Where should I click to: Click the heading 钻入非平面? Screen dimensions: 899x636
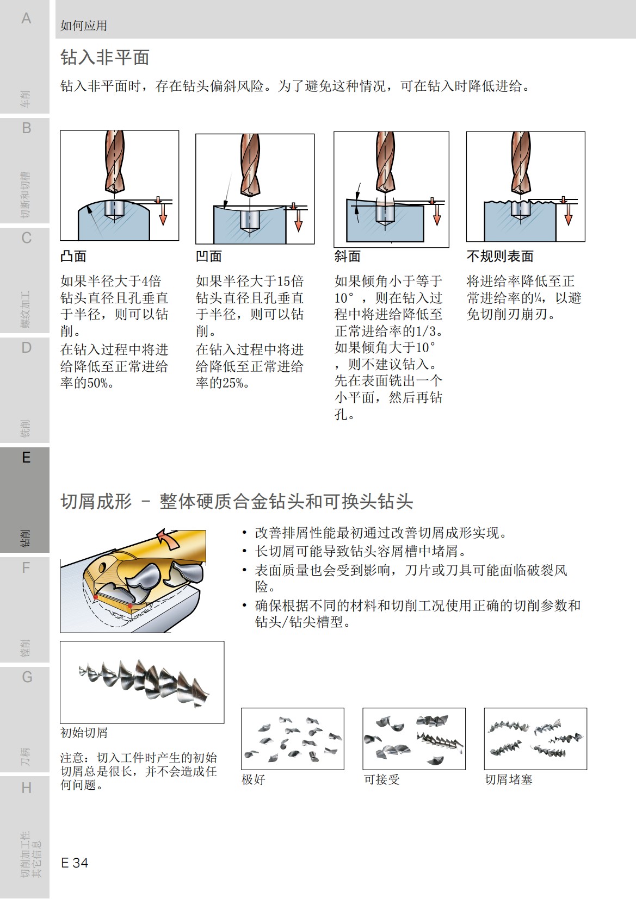click(105, 57)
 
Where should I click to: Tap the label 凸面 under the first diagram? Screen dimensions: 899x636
click(73, 257)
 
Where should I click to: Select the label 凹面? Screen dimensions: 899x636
click(209, 257)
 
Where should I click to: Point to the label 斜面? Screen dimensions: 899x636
click(348, 257)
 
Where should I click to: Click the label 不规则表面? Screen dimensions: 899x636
click(500, 257)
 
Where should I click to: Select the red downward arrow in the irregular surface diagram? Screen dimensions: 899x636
click(569, 217)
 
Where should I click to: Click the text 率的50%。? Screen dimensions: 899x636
click(88, 383)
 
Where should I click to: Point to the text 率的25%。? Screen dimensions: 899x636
click(223, 383)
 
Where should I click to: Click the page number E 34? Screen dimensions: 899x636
click(75, 863)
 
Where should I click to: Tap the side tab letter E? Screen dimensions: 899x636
click(26, 458)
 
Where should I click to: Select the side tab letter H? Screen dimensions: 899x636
click(26, 788)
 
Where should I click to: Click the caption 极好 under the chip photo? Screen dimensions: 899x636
click(254, 779)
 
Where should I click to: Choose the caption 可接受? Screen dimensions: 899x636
click(382, 779)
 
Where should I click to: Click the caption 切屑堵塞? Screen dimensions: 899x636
click(509, 779)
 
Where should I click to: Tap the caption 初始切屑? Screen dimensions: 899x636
click(84, 733)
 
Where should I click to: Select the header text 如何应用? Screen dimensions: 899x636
click(84, 26)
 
